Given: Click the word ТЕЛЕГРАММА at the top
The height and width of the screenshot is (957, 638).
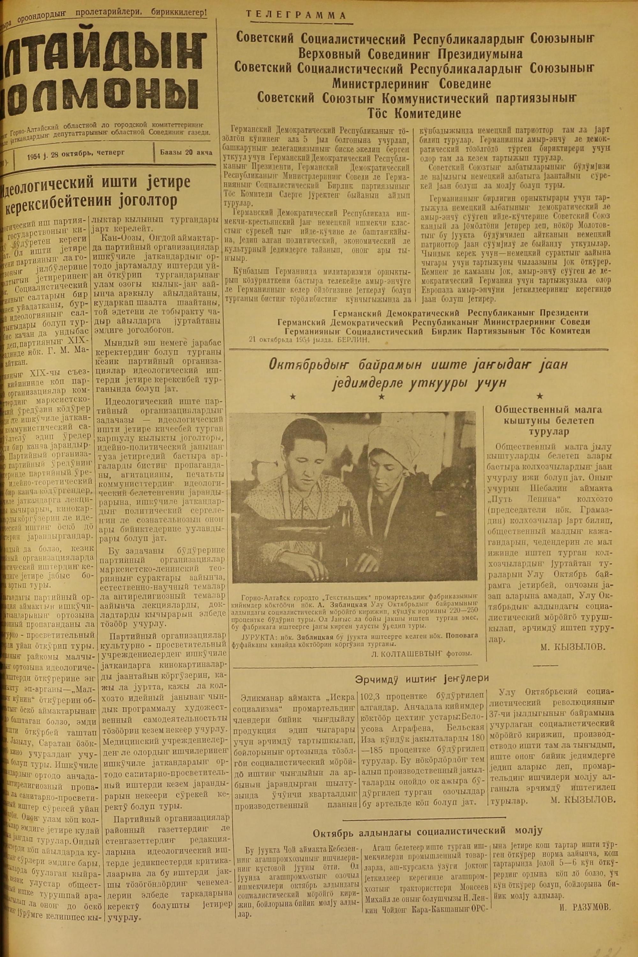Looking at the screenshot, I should tap(297, 16).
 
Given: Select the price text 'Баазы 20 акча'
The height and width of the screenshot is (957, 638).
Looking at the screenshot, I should tap(186, 152).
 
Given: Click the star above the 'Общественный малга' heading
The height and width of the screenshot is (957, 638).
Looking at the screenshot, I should tap(540, 396).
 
